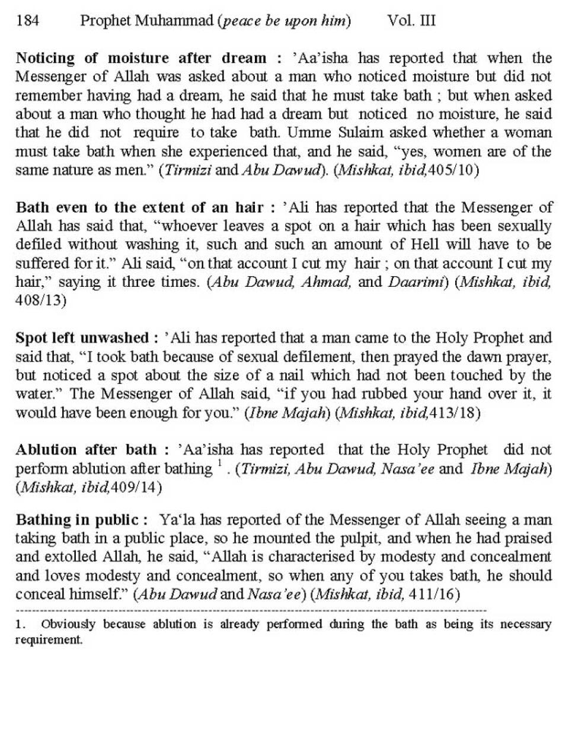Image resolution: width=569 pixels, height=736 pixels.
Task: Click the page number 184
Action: [x=28, y=21]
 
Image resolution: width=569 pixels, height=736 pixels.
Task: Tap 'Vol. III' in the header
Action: [x=411, y=21]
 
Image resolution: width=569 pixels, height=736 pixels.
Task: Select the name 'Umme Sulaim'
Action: [x=350, y=133]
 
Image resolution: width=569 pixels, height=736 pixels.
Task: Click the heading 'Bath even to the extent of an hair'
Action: [x=140, y=207]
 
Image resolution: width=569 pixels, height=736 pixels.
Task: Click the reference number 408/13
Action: [x=40, y=300]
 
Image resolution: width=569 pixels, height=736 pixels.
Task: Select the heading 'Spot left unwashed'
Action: [x=82, y=338]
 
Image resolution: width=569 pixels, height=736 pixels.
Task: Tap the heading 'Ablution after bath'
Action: [x=87, y=450]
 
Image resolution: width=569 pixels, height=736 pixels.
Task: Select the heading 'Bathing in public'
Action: [x=77, y=520]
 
